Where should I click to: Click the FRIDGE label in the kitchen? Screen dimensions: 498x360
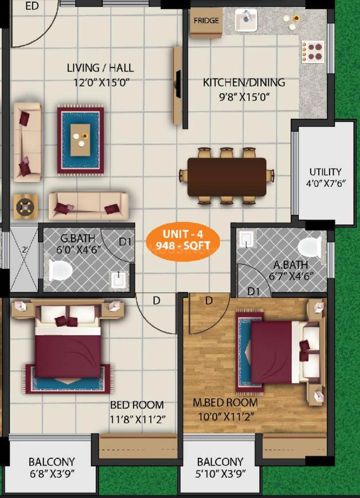[206, 21]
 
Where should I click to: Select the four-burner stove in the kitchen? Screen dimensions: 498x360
[313, 50]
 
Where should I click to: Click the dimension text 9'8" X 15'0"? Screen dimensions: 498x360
[244, 97]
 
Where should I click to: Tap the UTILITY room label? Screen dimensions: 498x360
[325, 171]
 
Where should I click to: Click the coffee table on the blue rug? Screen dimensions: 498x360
[80, 136]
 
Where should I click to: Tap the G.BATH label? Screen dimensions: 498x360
[73, 238]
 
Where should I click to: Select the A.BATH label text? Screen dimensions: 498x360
[290, 265]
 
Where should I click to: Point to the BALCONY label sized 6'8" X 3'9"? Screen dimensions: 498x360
[52, 461]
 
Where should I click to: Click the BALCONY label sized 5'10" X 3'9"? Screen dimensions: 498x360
[220, 461]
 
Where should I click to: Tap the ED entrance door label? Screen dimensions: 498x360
[32, 6]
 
